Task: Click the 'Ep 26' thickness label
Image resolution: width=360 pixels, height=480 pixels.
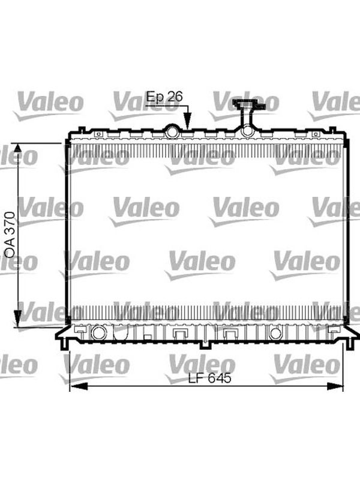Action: tap(164, 97)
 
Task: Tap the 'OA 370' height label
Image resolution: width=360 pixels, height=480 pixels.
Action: tap(10, 234)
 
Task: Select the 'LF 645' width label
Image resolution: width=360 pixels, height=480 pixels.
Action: tap(209, 378)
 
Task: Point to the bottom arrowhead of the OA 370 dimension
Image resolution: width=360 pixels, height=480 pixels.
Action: tap(18, 319)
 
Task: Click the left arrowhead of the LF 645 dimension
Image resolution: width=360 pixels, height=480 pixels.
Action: tap(79, 386)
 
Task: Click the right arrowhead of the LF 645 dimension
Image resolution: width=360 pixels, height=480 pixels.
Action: tap(335, 386)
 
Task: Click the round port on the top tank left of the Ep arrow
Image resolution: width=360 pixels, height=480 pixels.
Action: tap(172, 131)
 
